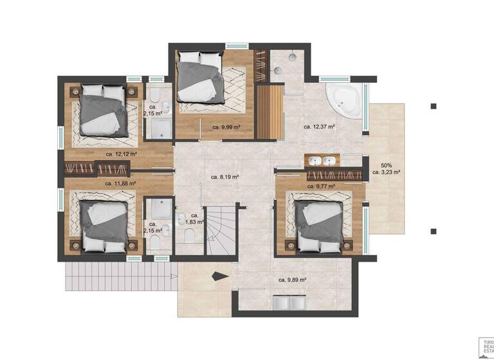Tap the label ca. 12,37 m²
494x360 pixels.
(x=319, y=127)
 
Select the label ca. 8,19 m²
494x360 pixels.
(x=225, y=177)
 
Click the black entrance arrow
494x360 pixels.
(x=220, y=276)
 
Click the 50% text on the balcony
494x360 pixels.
(x=386, y=165)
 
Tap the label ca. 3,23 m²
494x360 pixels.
(x=386, y=172)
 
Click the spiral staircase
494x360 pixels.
(x=220, y=230)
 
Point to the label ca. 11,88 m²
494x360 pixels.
(x=120, y=183)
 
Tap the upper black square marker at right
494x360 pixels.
(x=434, y=106)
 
